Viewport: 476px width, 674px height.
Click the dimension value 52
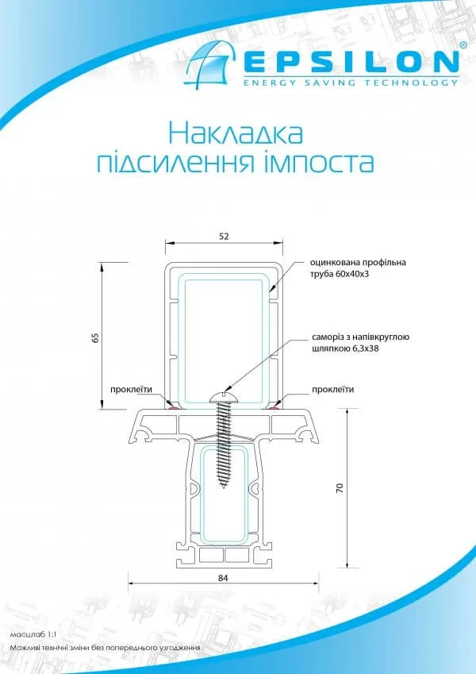coord(225,236)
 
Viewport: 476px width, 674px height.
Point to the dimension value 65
coord(96,337)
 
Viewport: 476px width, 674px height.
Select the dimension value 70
coord(340,487)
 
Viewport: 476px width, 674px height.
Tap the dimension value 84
coord(223,578)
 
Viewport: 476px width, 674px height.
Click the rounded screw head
coord(224,398)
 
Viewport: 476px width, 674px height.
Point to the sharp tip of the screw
coord(224,487)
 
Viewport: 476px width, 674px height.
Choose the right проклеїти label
coord(333,390)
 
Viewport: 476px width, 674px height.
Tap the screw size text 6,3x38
coord(364,349)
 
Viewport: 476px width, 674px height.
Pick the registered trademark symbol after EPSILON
coord(463,44)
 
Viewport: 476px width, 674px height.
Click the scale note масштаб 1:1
coord(33,634)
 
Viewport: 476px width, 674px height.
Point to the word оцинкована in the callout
coord(333,262)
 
